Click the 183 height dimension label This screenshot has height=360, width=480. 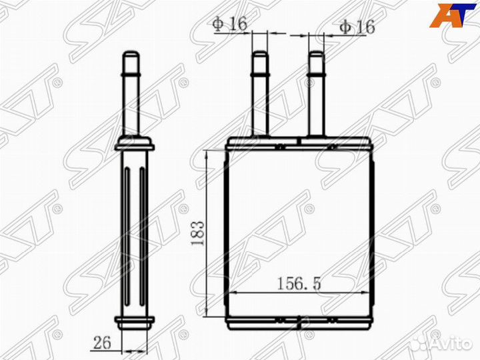[x=197, y=233]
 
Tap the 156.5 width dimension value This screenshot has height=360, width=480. [x=299, y=283]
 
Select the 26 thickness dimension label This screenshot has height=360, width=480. [x=102, y=343]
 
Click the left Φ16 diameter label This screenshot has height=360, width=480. [x=230, y=24]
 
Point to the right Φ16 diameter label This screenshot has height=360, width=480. [x=357, y=27]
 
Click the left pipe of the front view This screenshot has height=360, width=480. [x=260, y=93]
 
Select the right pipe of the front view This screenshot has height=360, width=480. [x=316, y=93]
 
